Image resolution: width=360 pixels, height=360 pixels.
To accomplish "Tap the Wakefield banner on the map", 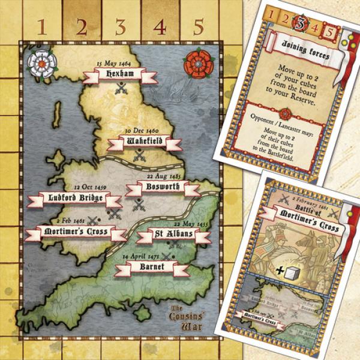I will pyautogui.click(x=144, y=142).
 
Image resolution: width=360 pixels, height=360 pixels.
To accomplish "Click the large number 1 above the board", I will pyautogui.click(x=41, y=26).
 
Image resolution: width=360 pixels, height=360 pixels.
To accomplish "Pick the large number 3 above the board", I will pyautogui.click(x=120, y=26).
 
